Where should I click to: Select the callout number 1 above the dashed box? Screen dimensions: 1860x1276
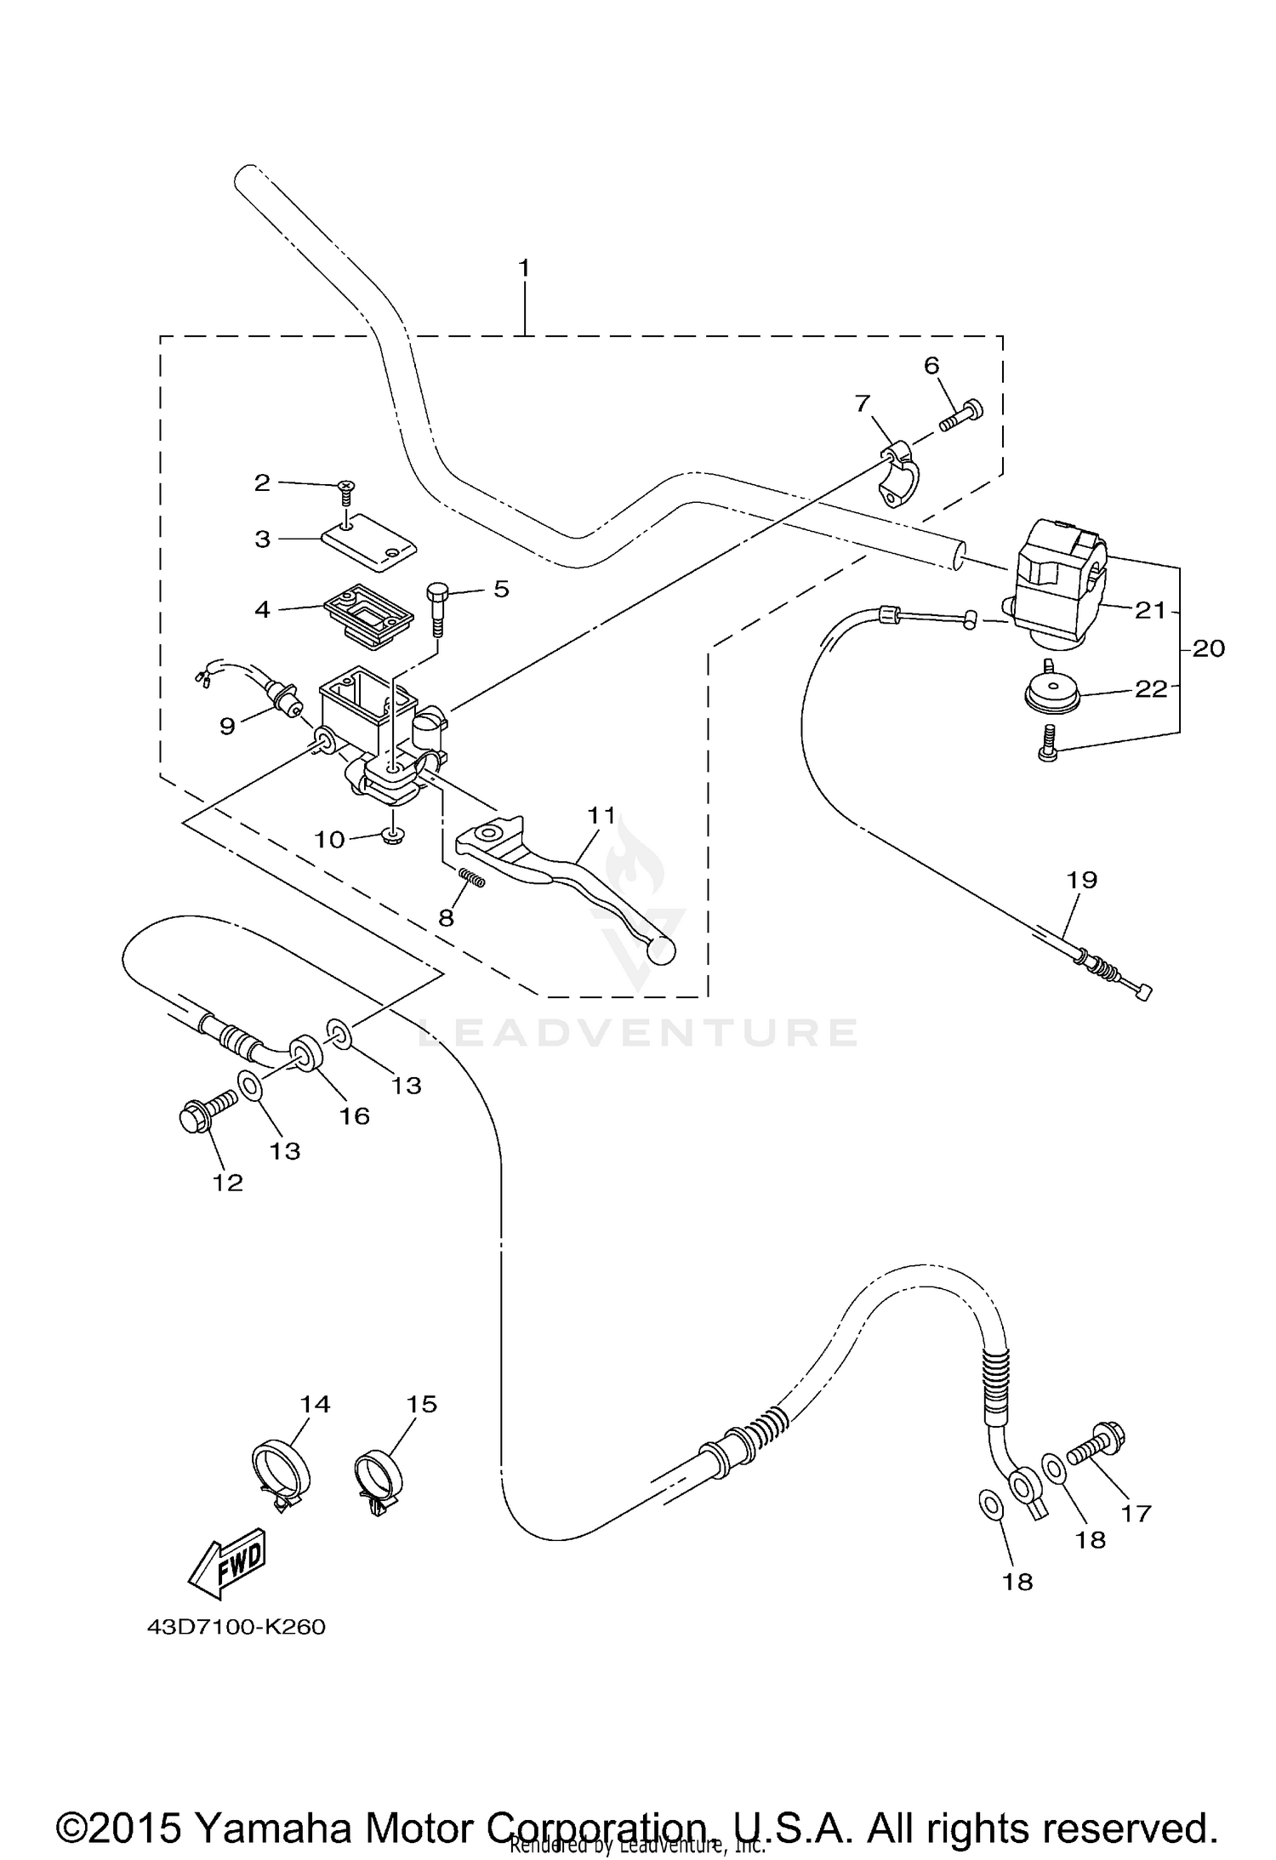(524, 268)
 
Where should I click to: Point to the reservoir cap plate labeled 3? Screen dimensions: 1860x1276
(369, 539)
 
